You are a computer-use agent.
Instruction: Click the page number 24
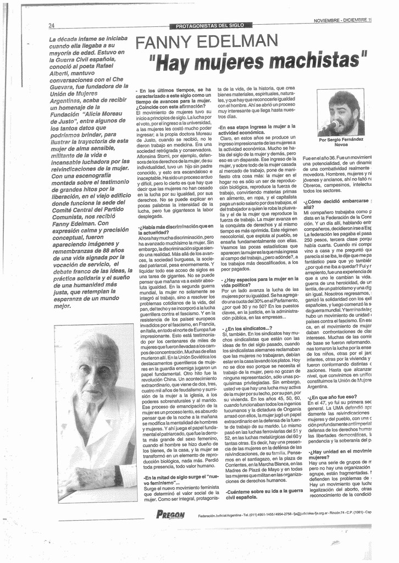pyautogui.click(x=52, y=26)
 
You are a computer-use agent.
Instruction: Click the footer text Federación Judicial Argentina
pyautogui.click(x=224, y=515)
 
